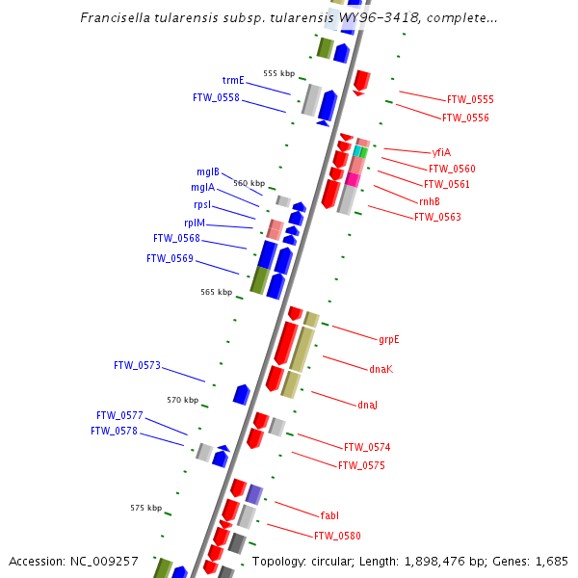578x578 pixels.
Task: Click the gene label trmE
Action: point(233,81)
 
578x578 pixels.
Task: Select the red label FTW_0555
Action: point(470,100)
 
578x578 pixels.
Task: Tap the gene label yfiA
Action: point(441,152)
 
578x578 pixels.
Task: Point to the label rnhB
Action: point(430,200)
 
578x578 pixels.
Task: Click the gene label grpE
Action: point(388,339)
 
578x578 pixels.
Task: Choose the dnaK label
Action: point(381,369)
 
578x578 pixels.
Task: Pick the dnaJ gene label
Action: point(367,405)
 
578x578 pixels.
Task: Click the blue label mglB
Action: point(208,171)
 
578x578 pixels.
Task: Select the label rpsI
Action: point(202,205)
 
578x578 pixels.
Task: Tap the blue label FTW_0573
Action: point(137,366)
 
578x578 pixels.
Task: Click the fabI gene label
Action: point(329,515)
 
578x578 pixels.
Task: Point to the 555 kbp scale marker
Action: point(278,73)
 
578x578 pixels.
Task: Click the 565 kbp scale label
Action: point(216,292)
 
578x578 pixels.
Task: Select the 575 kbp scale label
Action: point(145,508)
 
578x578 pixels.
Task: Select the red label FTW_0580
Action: point(337,536)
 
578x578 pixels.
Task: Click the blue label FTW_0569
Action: point(170,258)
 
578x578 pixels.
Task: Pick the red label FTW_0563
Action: point(437,217)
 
